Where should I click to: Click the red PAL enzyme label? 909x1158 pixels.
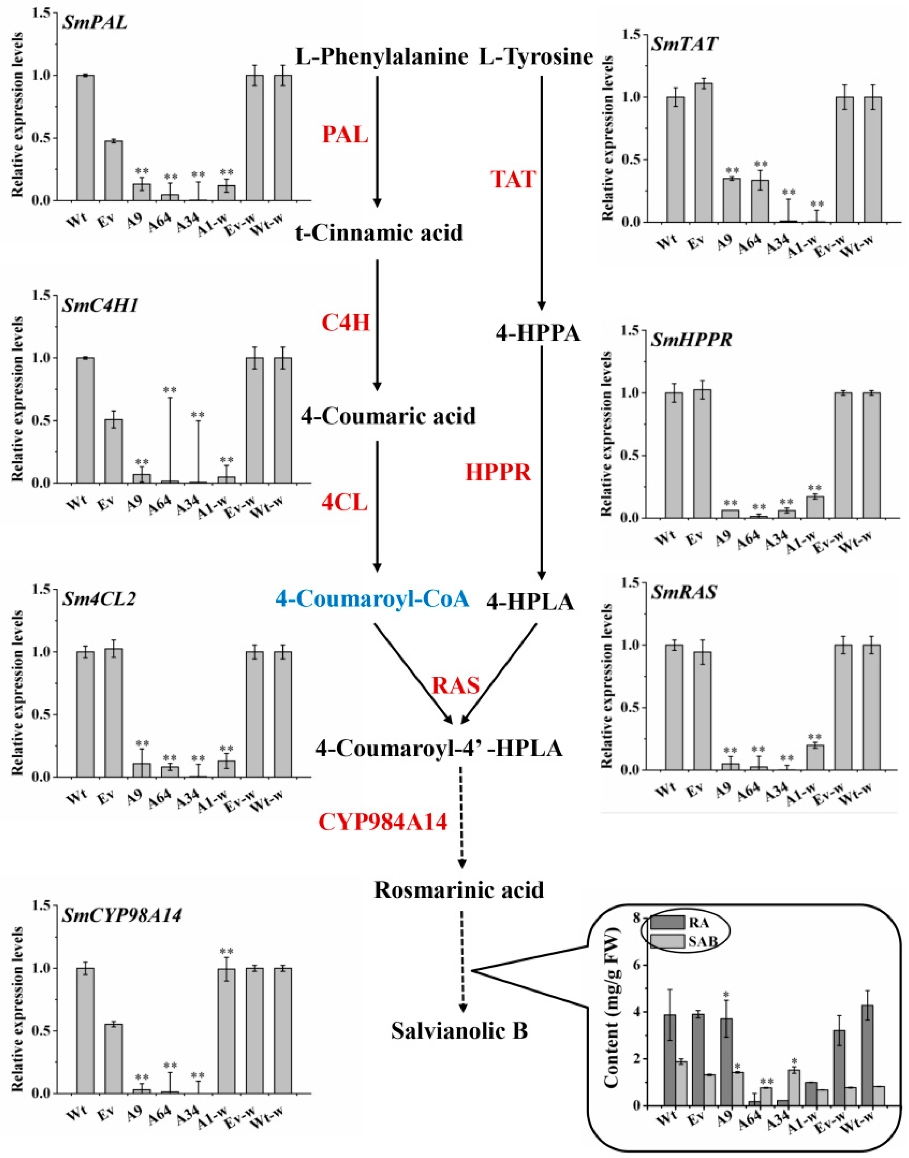(345, 135)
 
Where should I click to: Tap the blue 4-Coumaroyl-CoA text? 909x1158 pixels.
(372, 600)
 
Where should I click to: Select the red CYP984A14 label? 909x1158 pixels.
(382, 823)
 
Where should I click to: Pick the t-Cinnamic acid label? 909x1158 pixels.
(379, 232)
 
